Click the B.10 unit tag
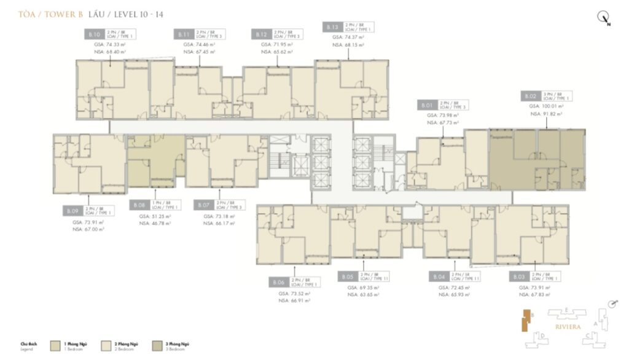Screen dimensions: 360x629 (x=95, y=35)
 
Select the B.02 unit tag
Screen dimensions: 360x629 (x=530, y=96)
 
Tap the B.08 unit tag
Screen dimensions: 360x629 (x=139, y=205)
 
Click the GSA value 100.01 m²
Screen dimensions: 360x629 (x=546, y=106)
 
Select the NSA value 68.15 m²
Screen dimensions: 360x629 (x=347, y=45)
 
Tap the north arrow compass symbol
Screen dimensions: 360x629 (x=603, y=18)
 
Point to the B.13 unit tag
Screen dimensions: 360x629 (x=332, y=27)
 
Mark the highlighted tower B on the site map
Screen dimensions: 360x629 (x=526, y=321)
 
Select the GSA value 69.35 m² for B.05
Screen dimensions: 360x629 (x=363, y=288)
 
